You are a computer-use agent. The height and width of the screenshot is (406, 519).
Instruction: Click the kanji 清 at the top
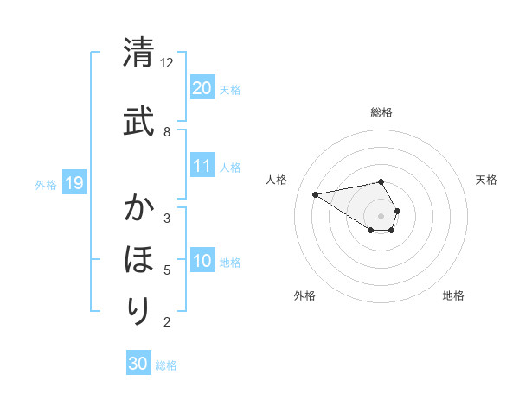point(138,53)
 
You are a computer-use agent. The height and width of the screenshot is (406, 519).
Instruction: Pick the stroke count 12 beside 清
point(167,63)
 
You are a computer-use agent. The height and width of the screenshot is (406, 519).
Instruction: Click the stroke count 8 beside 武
point(167,131)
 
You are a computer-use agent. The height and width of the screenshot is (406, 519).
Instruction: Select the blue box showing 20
point(202,87)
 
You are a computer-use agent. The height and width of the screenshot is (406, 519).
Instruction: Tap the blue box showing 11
point(202,166)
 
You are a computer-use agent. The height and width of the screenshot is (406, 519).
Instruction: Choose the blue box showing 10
point(202,262)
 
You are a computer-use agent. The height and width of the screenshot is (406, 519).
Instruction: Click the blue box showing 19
point(74,183)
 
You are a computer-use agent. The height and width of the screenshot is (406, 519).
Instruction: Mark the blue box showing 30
point(138,364)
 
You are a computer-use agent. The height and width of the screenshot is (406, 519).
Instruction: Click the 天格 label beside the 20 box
point(230,89)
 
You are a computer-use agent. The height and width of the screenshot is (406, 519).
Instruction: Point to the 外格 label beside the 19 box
point(46,184)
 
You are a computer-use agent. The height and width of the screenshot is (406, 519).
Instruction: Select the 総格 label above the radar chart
point(381,112)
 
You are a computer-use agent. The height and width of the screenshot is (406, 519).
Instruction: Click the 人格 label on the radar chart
point(276,180)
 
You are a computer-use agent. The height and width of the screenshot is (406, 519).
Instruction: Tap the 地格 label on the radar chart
point(453,295)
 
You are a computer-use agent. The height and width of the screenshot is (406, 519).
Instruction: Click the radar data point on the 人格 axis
point(316,193)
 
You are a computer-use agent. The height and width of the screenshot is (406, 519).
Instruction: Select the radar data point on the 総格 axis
point(381,181)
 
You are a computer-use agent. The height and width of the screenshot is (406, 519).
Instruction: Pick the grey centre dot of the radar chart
point(381,216)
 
